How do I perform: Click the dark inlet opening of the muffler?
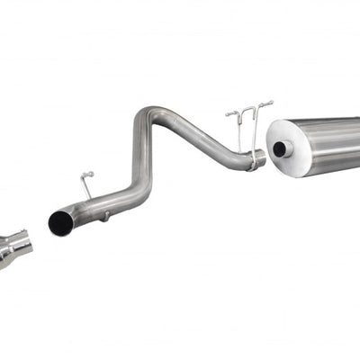[x=281, y=148]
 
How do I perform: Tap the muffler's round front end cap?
[x=286, y=146]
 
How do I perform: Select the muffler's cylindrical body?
[x=333, y=144]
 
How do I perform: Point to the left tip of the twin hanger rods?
[x=228, y=114]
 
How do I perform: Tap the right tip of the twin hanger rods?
[x=269, y=104]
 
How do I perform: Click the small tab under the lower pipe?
[x=106, y=215]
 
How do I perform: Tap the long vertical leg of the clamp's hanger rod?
[x=255, y=130]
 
